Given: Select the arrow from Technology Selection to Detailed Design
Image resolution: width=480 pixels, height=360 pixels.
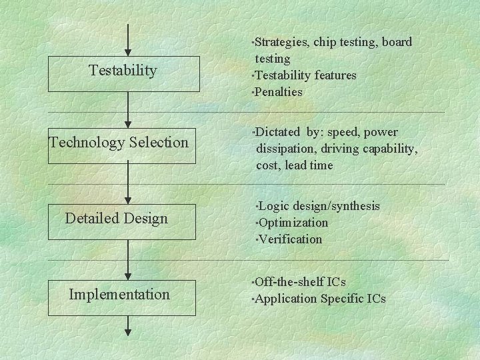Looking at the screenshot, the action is (x=128, y=181).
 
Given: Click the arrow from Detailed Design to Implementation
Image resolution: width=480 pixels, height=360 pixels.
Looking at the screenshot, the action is (x=128, y=257).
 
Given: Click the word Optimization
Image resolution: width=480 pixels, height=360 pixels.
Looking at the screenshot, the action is (x=293, y=222).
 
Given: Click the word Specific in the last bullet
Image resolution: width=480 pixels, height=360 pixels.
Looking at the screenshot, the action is (x=341, y=299).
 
